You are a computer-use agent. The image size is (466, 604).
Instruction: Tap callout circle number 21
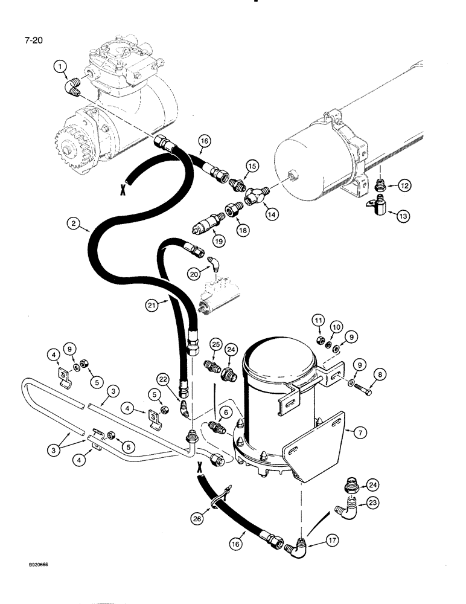pyautogui.click(x=153, y=306)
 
